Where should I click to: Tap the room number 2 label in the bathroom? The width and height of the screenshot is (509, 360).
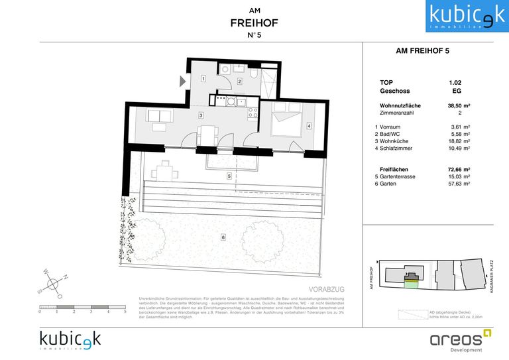coord(239,82)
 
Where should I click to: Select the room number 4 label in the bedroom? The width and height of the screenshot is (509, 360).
coord(309,126)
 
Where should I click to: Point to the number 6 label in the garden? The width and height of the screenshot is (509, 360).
coord(223,237)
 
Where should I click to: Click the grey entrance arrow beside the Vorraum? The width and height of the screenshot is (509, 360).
coord(182,81)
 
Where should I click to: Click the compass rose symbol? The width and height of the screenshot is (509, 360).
coord(54,284)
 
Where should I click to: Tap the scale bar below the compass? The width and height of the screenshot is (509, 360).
coord(82,306)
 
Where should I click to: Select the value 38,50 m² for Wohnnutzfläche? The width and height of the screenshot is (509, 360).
coord(459,105)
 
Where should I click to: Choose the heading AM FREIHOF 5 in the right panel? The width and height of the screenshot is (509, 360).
coord(418,50)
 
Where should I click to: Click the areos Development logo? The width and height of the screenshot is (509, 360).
coord(457,339)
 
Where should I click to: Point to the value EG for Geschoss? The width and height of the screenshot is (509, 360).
coord(456,91)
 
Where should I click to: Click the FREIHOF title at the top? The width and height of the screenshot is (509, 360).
coord(254,23)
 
